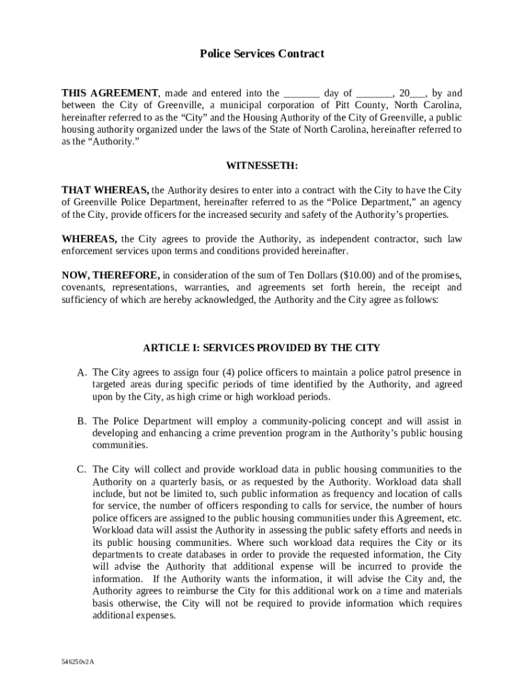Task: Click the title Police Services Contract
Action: click(261, 54)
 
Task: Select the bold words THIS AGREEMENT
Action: click(110, 93)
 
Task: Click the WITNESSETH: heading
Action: click(262, 166)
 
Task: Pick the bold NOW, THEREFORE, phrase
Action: click(111, 276)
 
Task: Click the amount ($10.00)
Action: click(353, 276)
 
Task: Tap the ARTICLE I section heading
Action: click(261, 348)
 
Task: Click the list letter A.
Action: click(82, 373)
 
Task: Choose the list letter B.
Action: click(82, 421)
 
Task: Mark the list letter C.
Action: click(82, 470)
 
